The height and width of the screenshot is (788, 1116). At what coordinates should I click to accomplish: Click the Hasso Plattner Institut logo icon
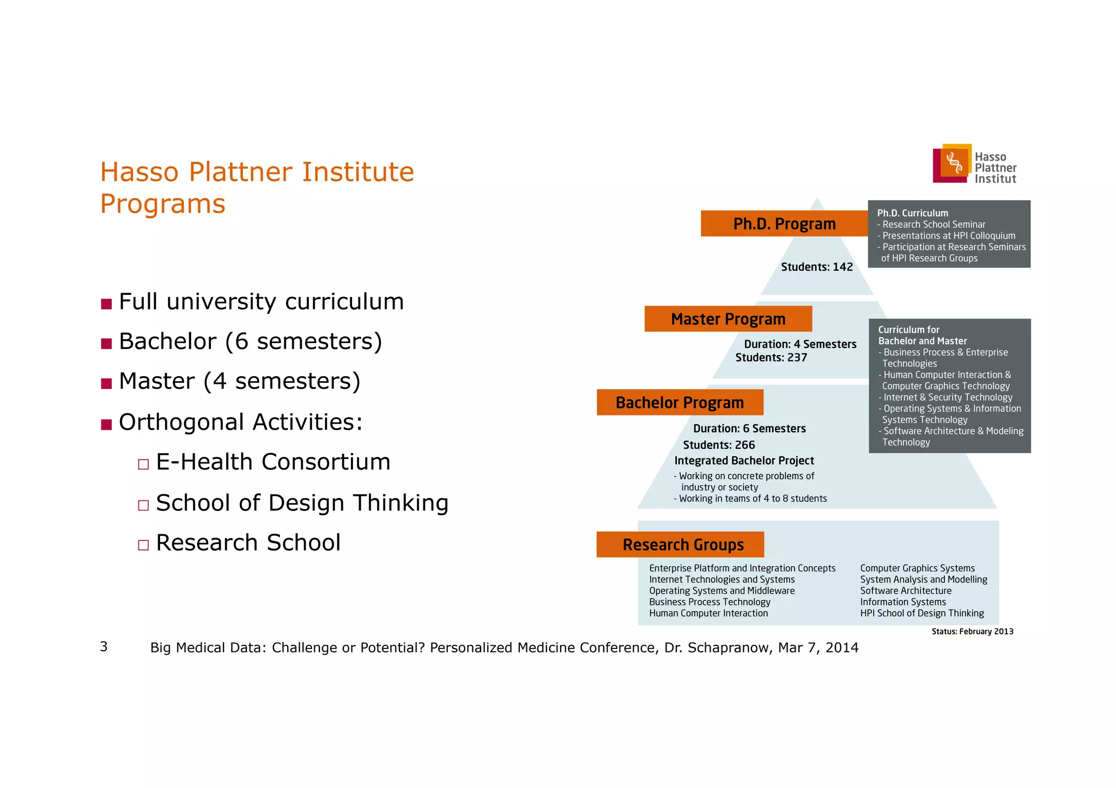(952, 163)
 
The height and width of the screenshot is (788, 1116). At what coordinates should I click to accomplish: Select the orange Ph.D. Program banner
(784, 223)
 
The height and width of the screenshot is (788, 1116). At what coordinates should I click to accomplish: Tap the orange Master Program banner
(728, 319)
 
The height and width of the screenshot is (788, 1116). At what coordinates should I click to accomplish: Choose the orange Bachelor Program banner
(680, 402)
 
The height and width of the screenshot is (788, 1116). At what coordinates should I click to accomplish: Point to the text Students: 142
(817, 267)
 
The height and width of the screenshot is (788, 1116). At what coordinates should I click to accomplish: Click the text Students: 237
(771, 358)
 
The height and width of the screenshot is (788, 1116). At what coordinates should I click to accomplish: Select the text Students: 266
(719, 445)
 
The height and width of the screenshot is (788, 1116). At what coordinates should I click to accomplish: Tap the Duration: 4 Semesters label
(800, 344)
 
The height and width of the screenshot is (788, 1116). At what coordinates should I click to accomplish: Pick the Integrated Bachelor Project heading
(744, 461)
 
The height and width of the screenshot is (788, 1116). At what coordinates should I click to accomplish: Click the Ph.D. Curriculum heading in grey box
(913, 213)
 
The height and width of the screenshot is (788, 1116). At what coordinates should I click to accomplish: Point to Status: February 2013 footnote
(972, 632)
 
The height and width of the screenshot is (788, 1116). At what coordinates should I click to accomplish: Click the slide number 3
(104, 646)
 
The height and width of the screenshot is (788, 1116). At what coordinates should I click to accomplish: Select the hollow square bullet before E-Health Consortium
(143, 465)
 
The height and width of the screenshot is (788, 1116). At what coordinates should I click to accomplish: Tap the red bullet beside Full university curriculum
(106, 304)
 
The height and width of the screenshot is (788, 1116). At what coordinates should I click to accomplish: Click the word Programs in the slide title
(162, 204)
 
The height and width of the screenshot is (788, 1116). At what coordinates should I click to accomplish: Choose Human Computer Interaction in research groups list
(708, 613)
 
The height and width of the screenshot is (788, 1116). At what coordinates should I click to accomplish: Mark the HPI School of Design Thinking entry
(922, 613)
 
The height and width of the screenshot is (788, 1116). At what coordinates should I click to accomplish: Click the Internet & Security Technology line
(948, 398)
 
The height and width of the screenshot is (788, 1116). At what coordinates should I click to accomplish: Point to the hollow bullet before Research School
(143, 545)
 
